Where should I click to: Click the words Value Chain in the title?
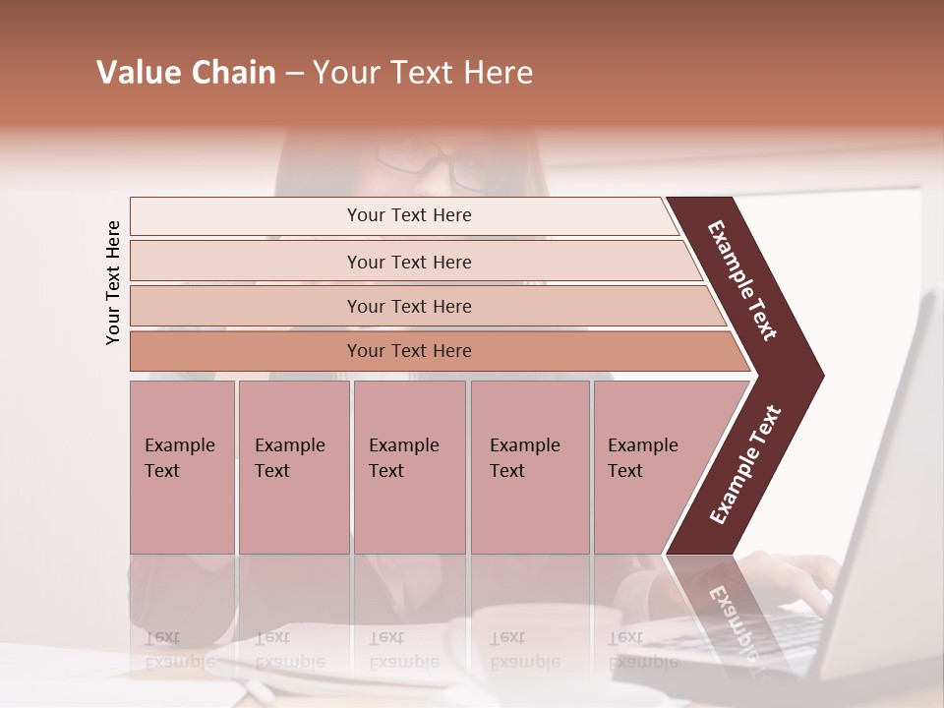pos(186,73)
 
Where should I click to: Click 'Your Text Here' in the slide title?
pos(423,73)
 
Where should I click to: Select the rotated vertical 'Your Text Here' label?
pos(113,282)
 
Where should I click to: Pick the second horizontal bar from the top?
pos(408,262)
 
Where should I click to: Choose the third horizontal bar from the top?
pos(408,306)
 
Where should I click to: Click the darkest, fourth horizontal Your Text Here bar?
pos(408,351)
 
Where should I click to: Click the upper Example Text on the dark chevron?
pos(742,280)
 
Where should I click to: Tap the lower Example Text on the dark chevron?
pos(745,464)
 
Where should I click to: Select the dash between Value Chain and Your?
pos(294,73)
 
